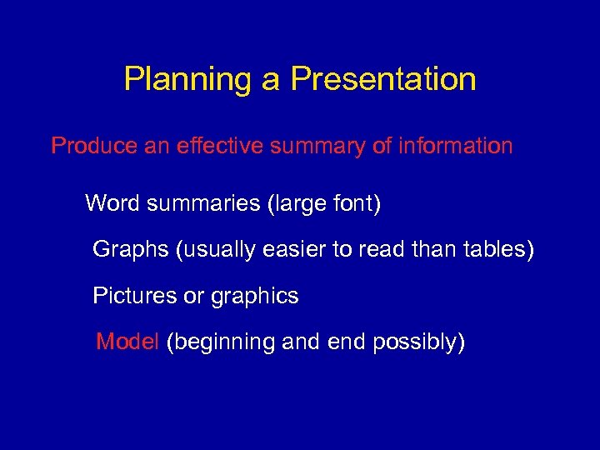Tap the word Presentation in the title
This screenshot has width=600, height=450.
(383, 79)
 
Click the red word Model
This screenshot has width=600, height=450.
(127, 341)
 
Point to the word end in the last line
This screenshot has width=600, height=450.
(341, 341)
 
